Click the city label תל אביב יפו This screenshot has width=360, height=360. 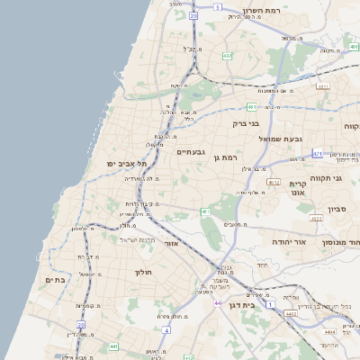pos(124,163)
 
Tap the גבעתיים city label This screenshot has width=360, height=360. pos(192,152)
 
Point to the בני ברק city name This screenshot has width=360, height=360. pos(246,124)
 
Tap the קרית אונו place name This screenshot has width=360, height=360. pos(298,187)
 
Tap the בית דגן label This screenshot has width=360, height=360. pos(262,306)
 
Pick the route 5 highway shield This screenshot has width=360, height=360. pos(218,7)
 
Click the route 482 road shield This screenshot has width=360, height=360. pos(227,56)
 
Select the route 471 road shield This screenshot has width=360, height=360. pos(317,155)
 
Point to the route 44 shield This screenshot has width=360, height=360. pos(217,303)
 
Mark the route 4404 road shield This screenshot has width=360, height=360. pos(322,332)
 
